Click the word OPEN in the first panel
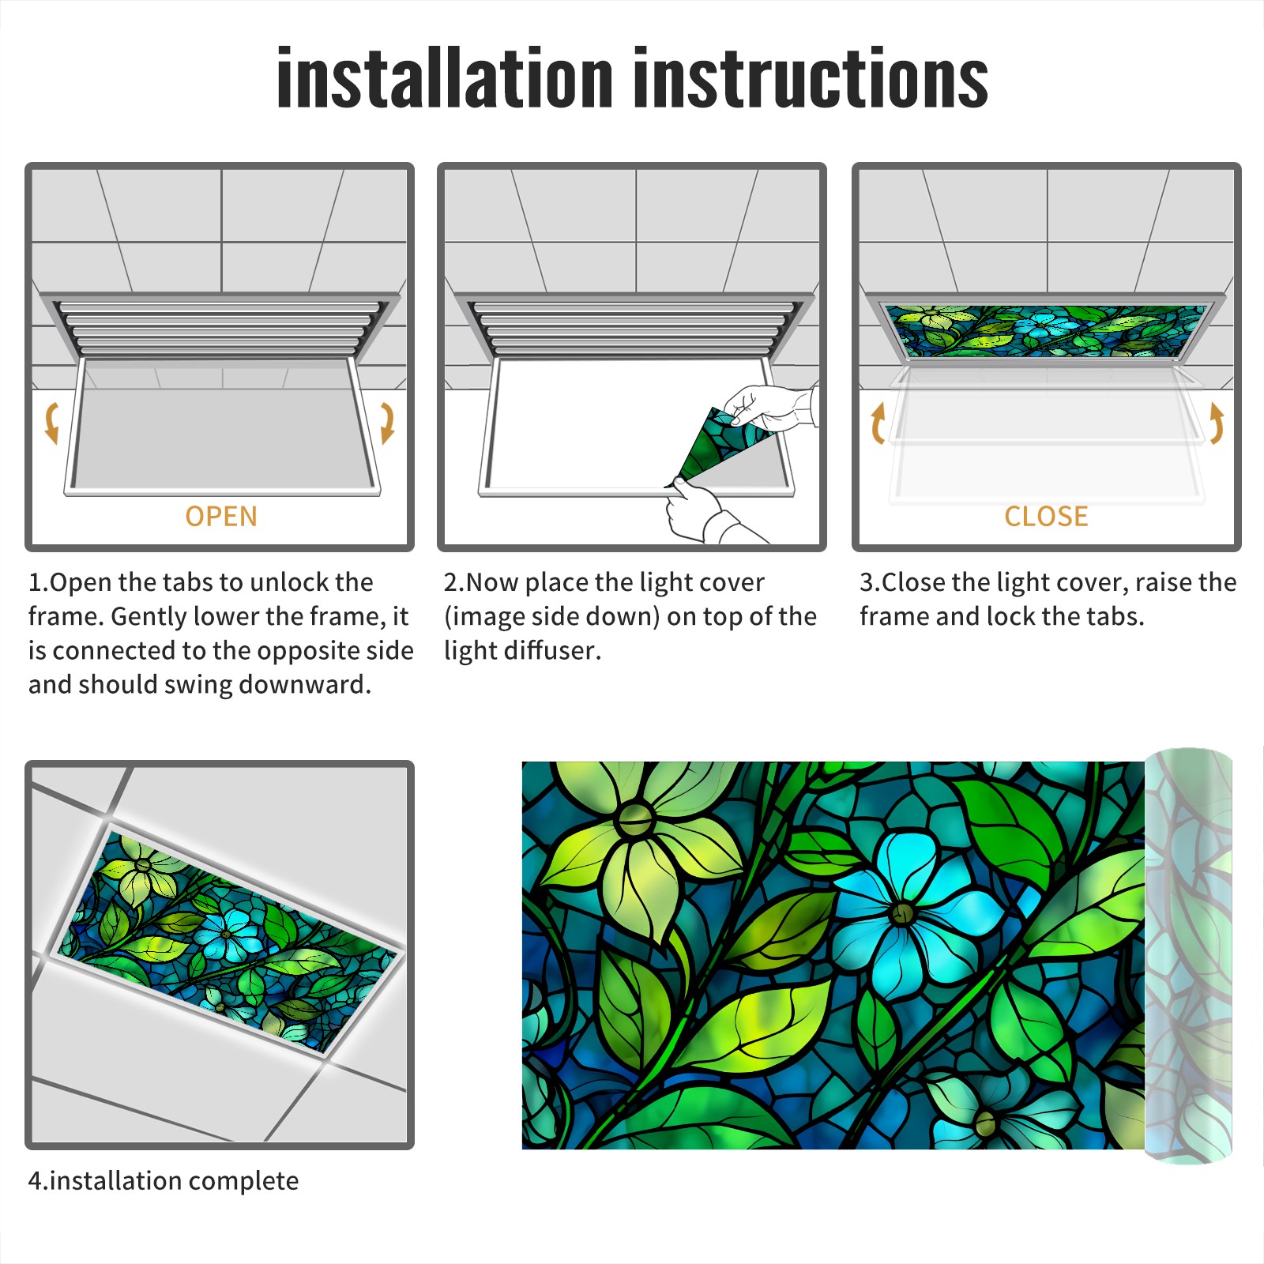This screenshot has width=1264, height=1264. click(221, 517)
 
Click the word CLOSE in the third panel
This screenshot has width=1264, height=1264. click(1046, 517)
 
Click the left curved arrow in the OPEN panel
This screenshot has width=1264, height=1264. click(51, 423)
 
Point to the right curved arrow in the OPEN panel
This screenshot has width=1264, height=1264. click(387, 423)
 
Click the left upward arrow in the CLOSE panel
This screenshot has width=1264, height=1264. click(878, 423)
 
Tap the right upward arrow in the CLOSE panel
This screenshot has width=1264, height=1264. click(1217, 423)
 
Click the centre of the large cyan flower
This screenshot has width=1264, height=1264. click(902, 914)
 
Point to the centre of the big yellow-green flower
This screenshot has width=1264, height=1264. click(634, 819)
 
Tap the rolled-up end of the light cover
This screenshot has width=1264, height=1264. click(1188, 956)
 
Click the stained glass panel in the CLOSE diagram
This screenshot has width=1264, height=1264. click(1047, 331)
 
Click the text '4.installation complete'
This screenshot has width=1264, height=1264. click(164, 1181)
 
